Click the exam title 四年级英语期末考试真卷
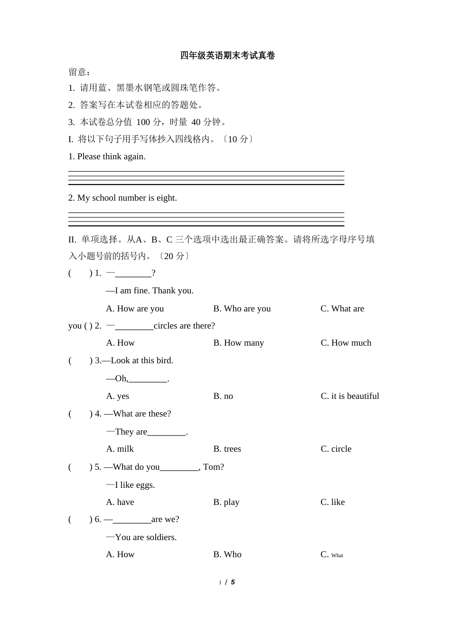(227, 56)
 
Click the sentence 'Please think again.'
(111, 156)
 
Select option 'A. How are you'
(135, 309)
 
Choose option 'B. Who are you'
(242, 309)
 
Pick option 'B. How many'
(238, 343)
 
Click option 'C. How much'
(346, 343)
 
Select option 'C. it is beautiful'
(349, 396)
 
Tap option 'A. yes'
(118, 396)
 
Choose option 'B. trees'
(227, 449)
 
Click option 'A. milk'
(120, 449)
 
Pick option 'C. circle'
(336, 449)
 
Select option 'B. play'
(226, 502)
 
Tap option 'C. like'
(332, 502)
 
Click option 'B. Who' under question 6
(227, 554)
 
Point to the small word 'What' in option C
(337, 555)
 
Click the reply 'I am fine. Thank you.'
(150, 290)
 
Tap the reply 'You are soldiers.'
(141, 537)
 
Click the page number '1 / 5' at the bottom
(227, 582)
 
